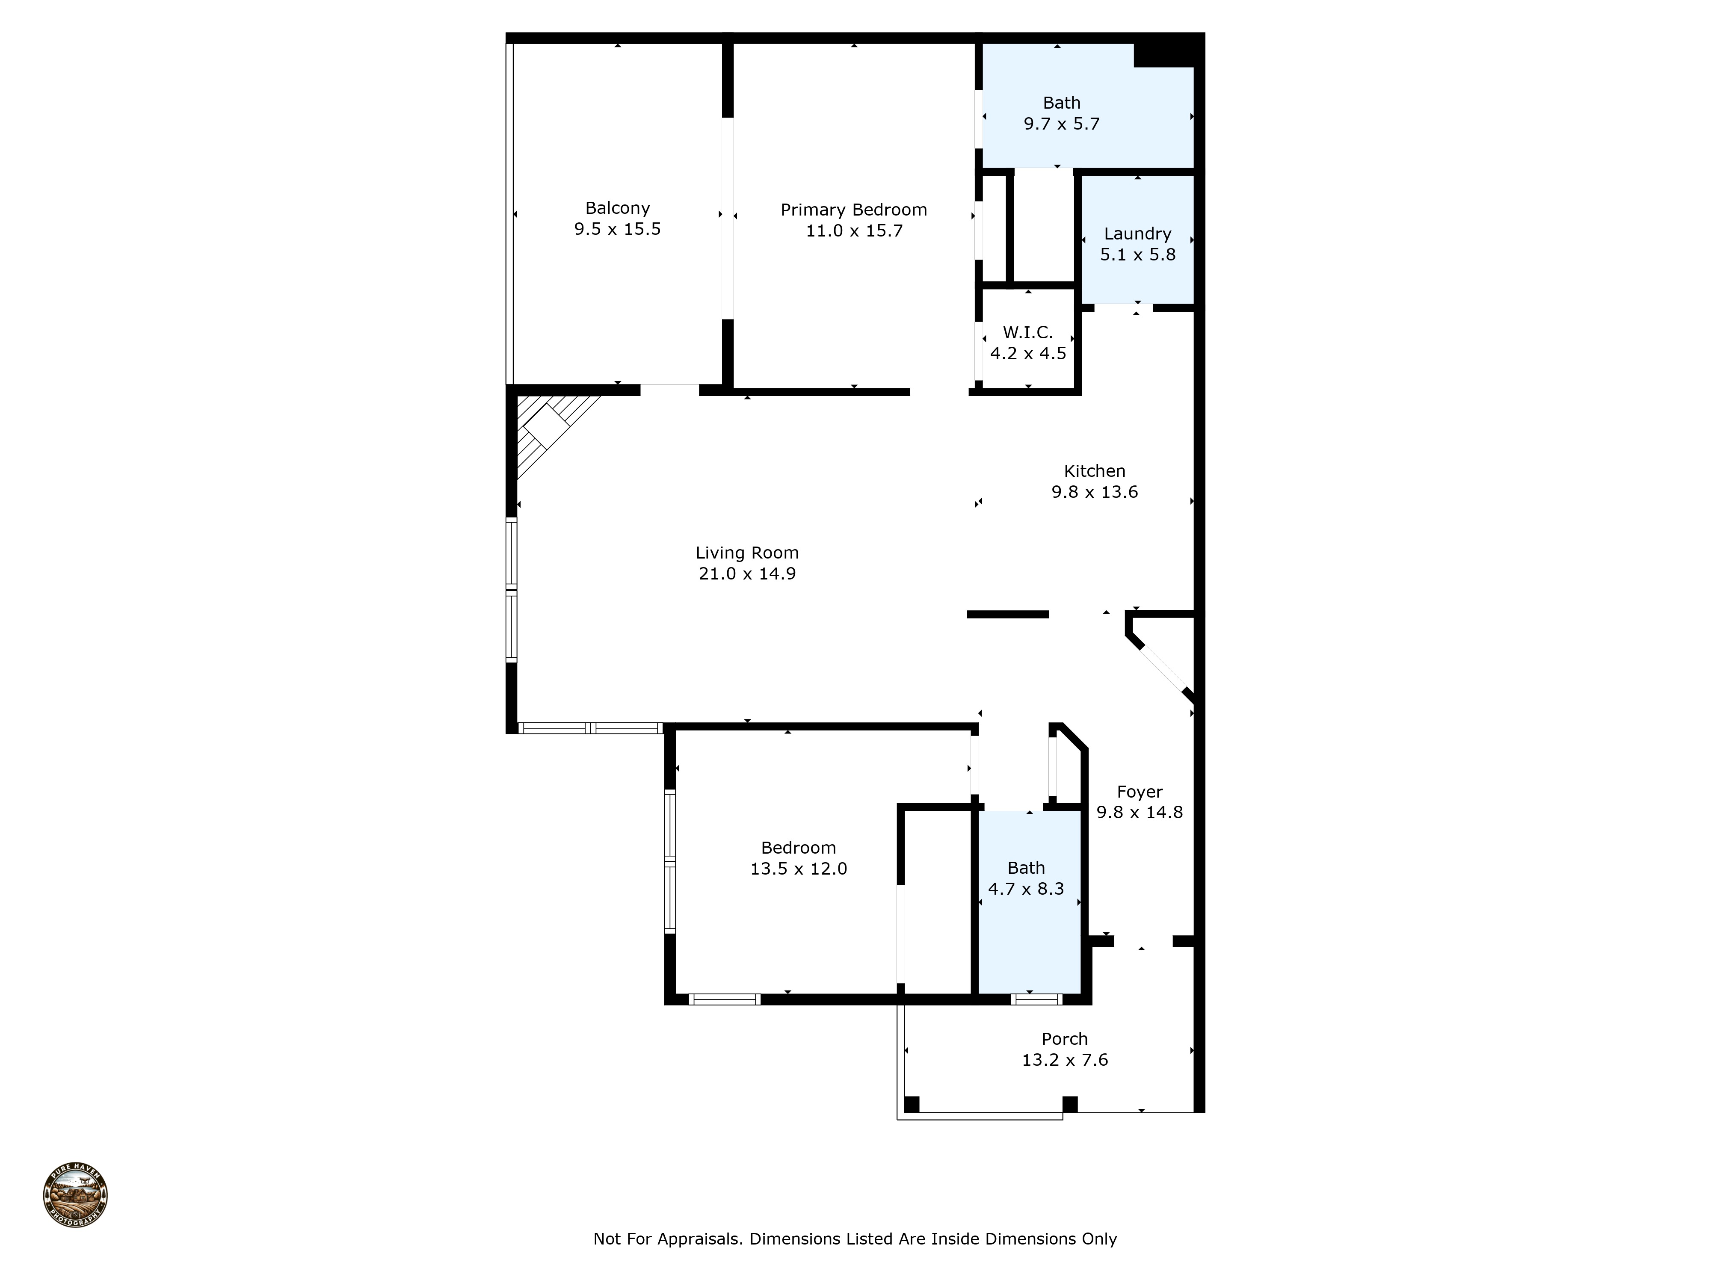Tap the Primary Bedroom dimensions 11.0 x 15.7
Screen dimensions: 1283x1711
coord(853,231)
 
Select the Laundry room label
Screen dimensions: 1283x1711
coord(1137,234)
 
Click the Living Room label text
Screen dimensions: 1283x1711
coord(746,553)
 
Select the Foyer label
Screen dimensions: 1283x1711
coord(1140,792)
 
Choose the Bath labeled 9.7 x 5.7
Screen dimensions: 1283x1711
coord(1061,113)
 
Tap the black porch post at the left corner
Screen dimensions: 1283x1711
coord(911,1103)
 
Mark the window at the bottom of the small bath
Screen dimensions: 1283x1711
coord(1036,999)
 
